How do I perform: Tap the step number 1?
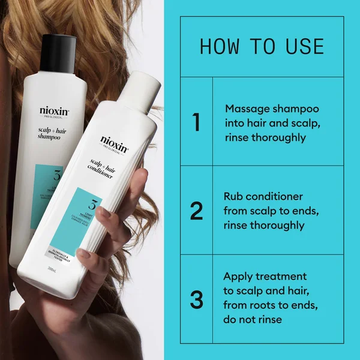[196, 122]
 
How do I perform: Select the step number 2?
[196, 211]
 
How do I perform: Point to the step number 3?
[196, 299]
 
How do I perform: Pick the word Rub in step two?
[233, 197]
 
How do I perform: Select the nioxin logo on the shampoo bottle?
[54, 111]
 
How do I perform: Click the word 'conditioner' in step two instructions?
[277, 197]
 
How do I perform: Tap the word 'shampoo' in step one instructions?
[297, 109]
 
